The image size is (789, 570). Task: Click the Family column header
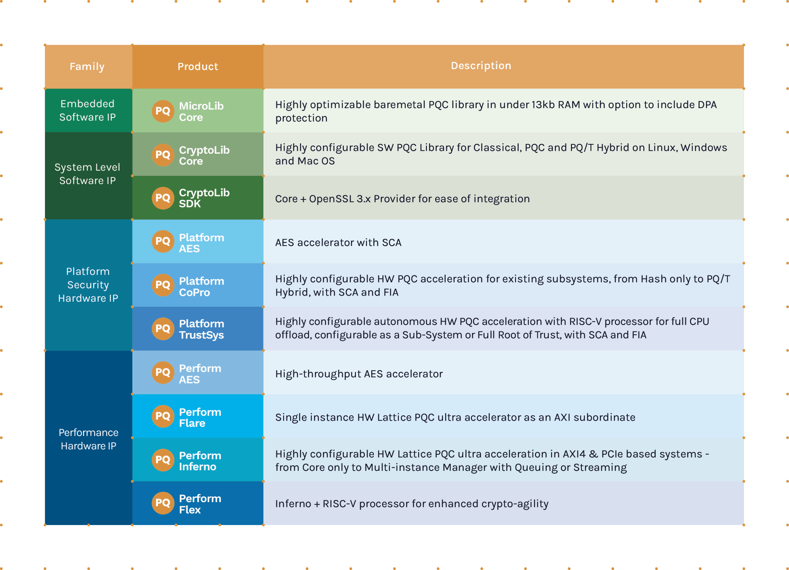tap(87, 67)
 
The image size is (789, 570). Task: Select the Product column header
tap(198, 67)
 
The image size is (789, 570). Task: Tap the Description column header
tap(481, 66)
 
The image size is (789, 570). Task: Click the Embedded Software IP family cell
tap(87, 110)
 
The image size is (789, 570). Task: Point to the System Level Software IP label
tap(87, 174)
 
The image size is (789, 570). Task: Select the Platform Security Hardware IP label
tap(88, 285)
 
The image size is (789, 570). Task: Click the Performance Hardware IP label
tap(88, 439)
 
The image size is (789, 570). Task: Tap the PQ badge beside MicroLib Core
tap(163, 111)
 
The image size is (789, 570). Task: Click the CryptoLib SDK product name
tap(204, 198)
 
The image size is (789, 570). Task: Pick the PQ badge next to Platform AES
tap(163, 241)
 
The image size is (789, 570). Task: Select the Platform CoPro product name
tap(202, 286)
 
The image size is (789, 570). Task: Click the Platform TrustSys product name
tap(202, 329)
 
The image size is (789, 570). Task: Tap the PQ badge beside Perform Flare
tap(163, 416)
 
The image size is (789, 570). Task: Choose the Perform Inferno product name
tap(200, 461)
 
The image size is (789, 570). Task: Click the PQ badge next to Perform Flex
tap(163, 503)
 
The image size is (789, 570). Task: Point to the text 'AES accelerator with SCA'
tap(338, 242)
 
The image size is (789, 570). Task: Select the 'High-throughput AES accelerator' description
tap(359, 374)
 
